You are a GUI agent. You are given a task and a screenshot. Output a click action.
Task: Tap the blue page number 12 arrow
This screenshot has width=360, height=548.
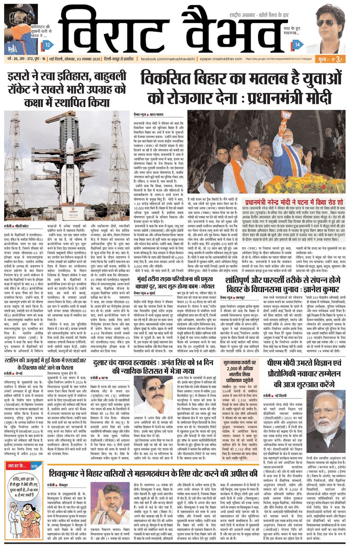[48, 45]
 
